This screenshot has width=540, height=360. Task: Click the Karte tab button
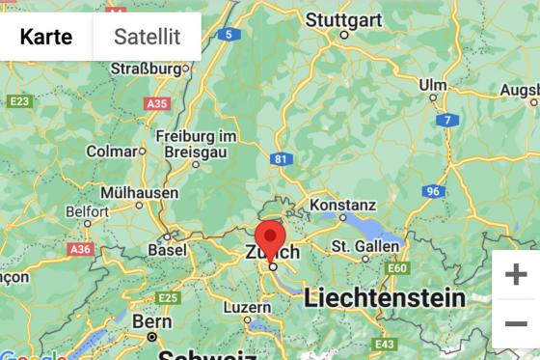46,37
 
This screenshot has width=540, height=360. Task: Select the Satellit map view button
147,37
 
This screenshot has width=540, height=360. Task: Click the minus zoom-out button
516,324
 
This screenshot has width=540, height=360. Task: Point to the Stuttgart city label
344,19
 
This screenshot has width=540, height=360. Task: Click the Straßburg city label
147,69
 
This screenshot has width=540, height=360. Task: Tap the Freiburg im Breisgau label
196,144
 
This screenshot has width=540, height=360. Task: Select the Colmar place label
111,152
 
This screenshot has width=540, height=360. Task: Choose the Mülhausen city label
140,192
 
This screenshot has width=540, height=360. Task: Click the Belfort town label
87,210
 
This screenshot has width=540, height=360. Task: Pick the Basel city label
167,249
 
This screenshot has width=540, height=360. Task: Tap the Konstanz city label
343,206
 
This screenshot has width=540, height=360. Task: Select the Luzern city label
248,307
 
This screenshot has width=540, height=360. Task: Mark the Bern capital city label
152,320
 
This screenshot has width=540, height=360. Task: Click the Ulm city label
433,85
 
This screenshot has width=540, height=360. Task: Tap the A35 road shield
156,102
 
